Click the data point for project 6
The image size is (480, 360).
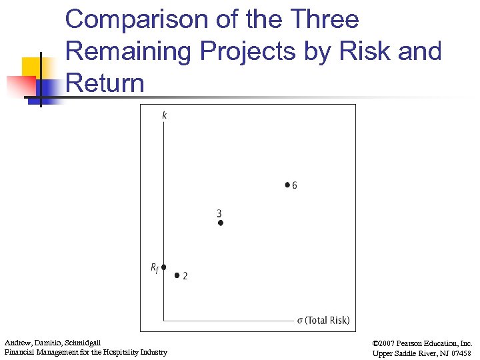coord(287,184)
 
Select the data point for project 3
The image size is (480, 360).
coord(221,223)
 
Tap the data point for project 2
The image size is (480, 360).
coord(177,275)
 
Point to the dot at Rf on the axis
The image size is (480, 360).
coord(163,267)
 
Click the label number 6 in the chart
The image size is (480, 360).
coord(295,185)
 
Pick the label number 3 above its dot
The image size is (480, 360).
coord(219,213)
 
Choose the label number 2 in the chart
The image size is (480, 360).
coord(185,276)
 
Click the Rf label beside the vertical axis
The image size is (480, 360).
coord(154,268)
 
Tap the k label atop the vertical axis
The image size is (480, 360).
coord(165,115)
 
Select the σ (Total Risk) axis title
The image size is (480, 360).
coord(323,321)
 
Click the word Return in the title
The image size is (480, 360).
coord(105,83)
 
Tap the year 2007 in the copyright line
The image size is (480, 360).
coord(391,343)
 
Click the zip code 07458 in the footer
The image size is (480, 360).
coord(459,353)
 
